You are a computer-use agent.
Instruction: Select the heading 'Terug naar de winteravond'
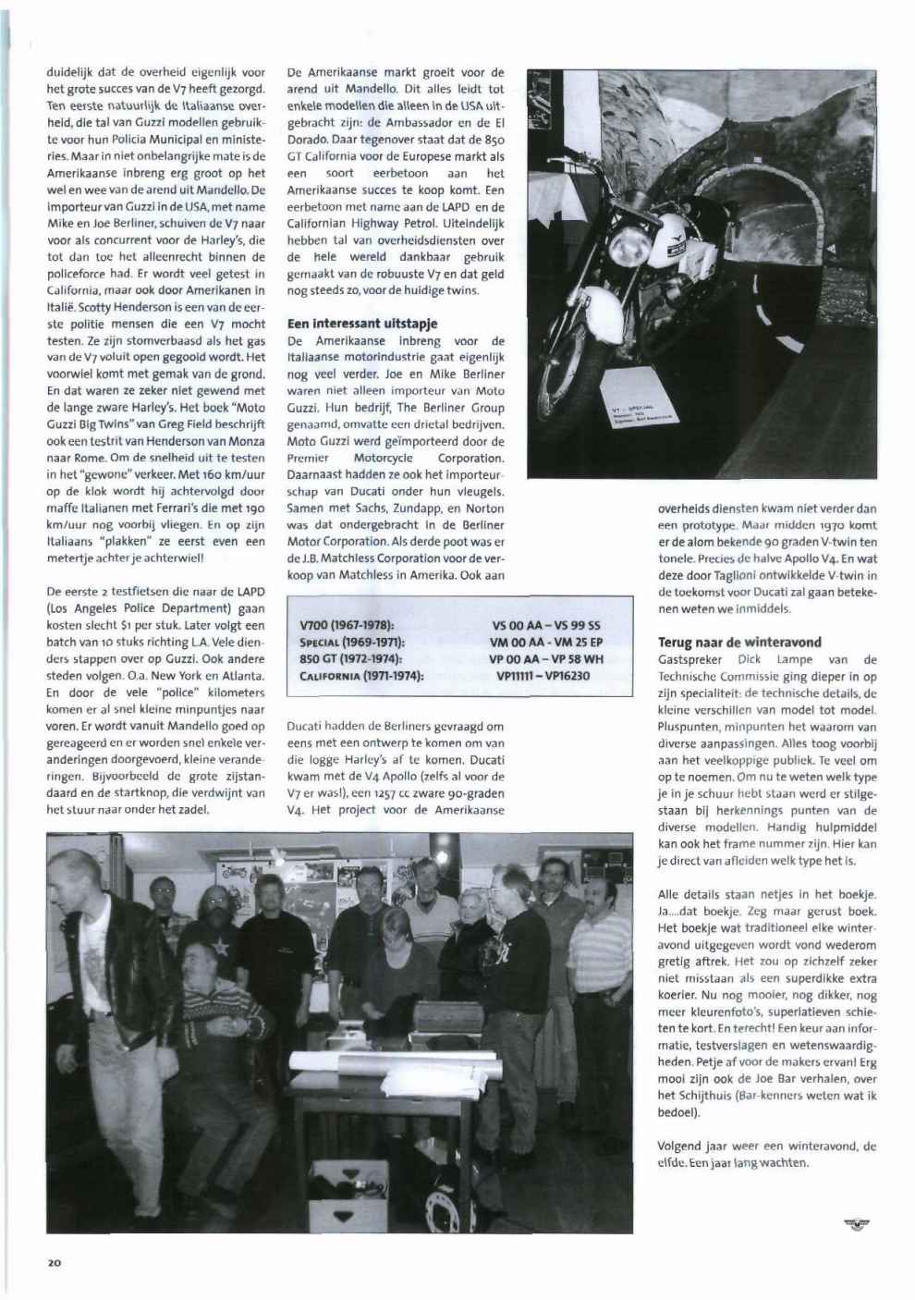pos(726,642)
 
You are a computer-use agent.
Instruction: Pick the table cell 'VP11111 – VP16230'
pos(543,676)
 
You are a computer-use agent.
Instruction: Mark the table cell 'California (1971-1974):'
pos(357,676)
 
